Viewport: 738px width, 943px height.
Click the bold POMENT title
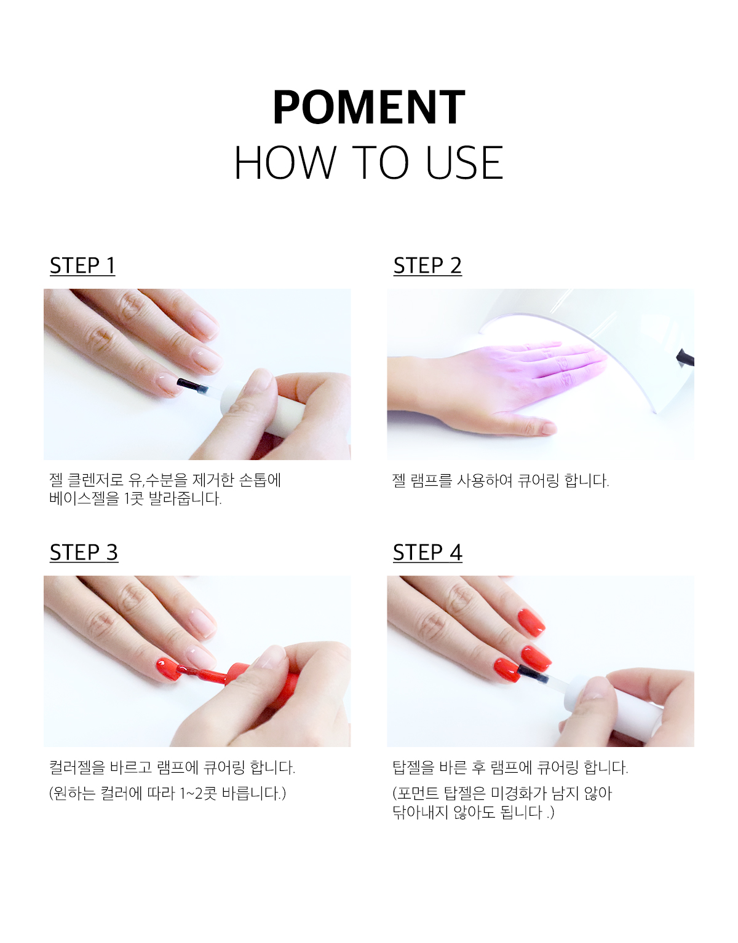(x=369, y=107)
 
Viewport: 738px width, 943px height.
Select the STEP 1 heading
(x=82, y=265)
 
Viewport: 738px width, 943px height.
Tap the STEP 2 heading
(x=427, y=265)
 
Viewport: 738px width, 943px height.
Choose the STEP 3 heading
(x=84, y=552)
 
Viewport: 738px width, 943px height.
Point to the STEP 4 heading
(x=427, y=552)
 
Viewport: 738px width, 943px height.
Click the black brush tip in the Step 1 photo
(x=191, y=385)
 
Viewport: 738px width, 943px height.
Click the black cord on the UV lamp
(x=686, y=358)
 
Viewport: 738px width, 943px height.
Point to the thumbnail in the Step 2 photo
(x=549, y=428)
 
